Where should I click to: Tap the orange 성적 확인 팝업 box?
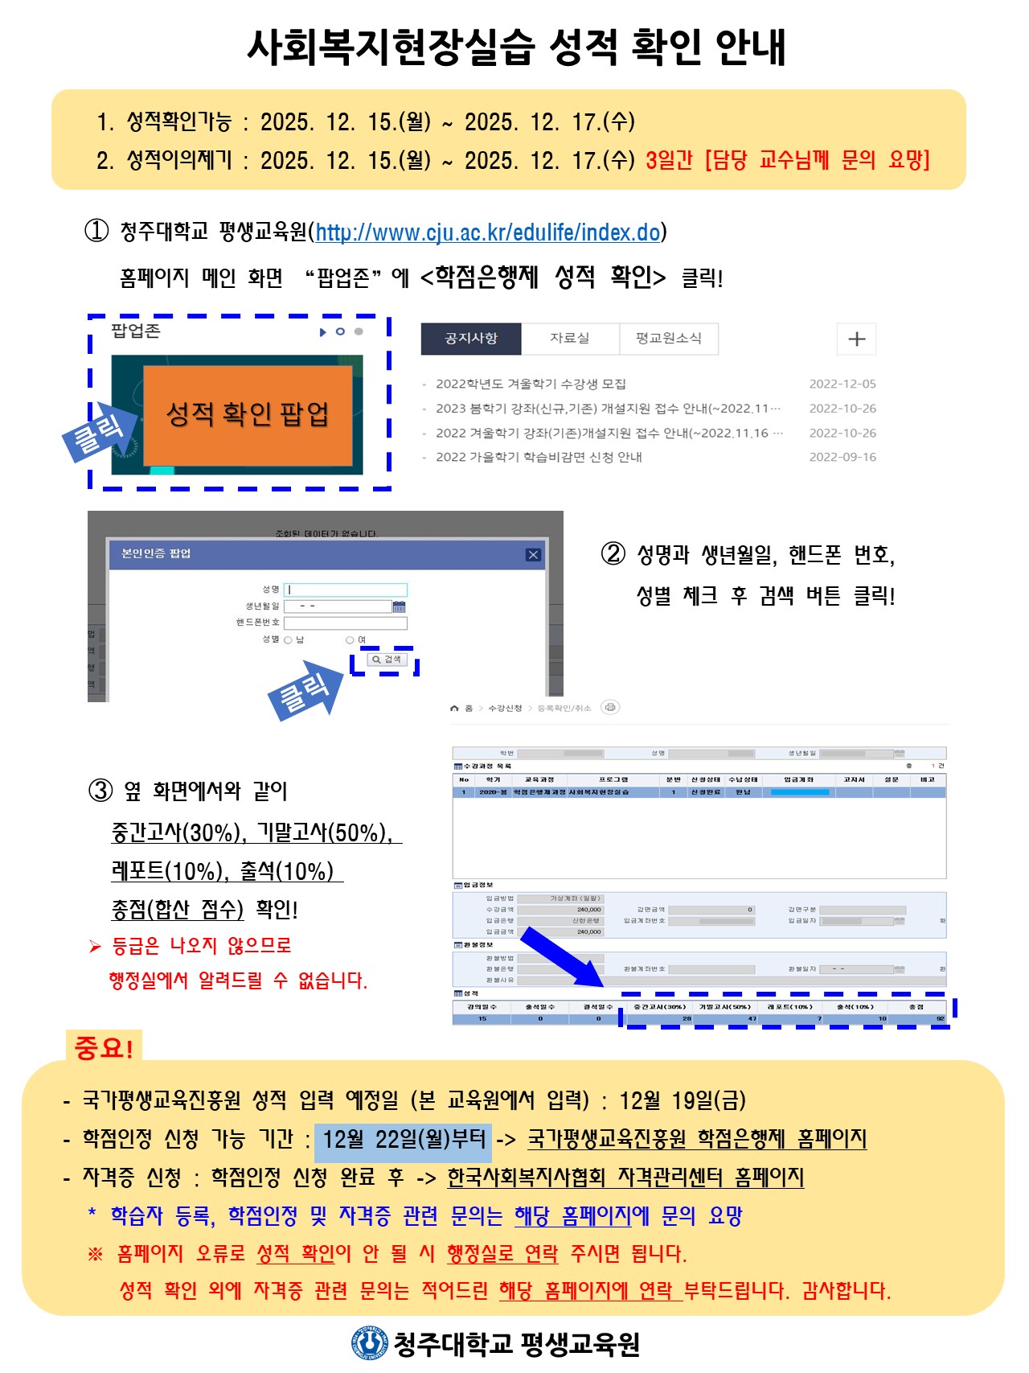(x=248, y=415)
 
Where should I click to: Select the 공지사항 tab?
(x=471, y=339)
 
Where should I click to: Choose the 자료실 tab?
(x=569, y=339)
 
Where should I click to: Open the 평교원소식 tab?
(x=668, y=339)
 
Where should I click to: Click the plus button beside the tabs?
(x=856, y=339)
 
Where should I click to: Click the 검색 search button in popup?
(x=387, y=660)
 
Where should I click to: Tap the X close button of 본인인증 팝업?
(x=532, y=554)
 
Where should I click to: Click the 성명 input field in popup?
(x=346, y=590)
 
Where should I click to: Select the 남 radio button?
(x=288, y=640)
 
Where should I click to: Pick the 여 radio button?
(x=350, y=640)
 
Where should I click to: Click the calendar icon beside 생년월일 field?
(x=399, y=606)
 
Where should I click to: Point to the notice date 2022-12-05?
(x=842, y=384)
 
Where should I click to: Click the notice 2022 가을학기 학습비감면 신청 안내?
(x=539, y=458)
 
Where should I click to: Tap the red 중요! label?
(x=104, y=1047)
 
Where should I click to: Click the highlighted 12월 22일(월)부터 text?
(x=404, y=1140)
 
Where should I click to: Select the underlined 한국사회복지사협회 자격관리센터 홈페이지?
(x=625, y=1178)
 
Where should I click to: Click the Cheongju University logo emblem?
(x=369, y=1342)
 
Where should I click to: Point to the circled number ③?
(x=100, y=791)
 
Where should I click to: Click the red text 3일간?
(x=669, y=160)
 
